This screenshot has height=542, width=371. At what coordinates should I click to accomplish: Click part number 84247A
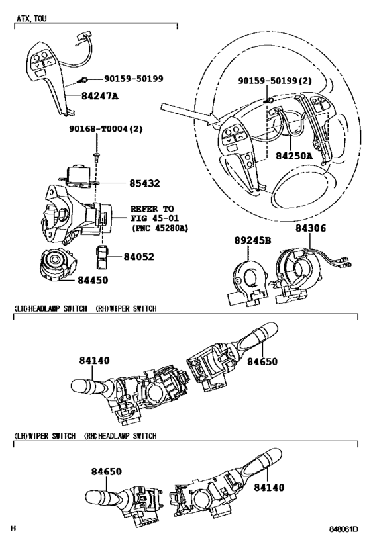[99, 95]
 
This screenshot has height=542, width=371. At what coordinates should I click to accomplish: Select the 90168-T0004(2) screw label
[106, 129]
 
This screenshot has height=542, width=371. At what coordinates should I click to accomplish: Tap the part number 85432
[144, 183]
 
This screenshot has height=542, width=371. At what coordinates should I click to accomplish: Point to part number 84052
[138, 257]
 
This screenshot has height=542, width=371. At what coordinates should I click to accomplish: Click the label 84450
[93, 280]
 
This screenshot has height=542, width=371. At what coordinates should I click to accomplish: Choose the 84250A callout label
[294, 156]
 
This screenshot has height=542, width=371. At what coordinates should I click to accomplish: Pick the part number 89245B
[252, 240]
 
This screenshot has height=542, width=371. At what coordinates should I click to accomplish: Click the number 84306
[311, 228]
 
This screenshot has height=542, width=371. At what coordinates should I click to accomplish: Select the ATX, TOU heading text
[32, 19]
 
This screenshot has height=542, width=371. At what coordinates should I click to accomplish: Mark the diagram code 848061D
[343, 529]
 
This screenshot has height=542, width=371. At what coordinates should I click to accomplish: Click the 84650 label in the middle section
[262, 361]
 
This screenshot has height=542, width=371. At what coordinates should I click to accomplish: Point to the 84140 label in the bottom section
[269, 488]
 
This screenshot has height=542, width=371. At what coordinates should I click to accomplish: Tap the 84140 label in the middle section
[95, 361]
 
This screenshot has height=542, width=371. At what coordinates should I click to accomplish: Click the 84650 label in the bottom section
[107, 471]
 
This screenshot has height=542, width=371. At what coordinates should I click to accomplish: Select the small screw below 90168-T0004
[96, 157]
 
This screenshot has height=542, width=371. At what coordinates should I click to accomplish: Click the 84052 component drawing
[102, 257]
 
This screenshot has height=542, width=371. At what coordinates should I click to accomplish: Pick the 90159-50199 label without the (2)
[134, 79]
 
